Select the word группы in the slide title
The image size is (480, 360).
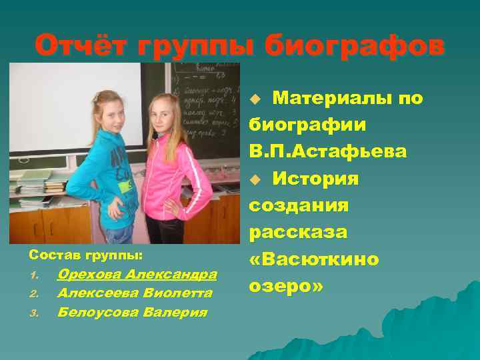[x=201, y=46]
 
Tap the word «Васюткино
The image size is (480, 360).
[x=314, y=258]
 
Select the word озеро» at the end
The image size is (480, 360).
[x=286, y=285]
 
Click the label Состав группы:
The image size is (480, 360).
[x=73, y=255]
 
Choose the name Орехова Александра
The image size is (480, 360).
[x=137, y=274]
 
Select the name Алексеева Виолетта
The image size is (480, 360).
[x=135, y=293]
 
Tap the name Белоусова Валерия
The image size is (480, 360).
[x=132, y=311]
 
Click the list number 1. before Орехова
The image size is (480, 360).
[x=35, y=275]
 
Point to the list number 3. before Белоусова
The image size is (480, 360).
[x=35, y=312]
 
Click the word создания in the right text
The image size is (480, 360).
[x=299, y=205]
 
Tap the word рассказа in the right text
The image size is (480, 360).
[x=298, y=231]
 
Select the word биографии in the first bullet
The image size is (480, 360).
[x=306, y=125]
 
